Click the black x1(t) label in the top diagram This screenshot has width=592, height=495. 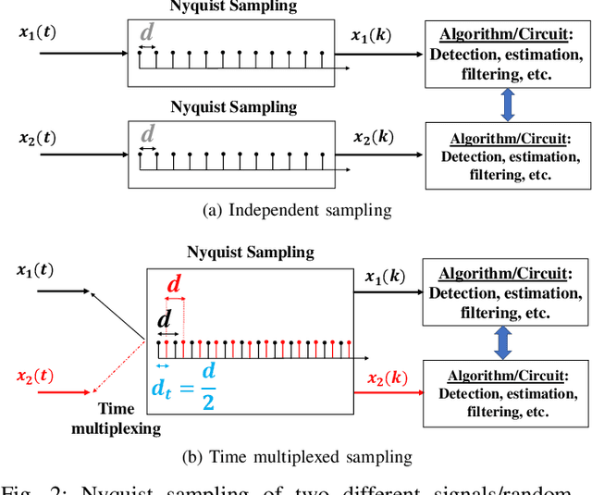(37, 32)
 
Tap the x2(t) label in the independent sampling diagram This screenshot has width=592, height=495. (37, 139)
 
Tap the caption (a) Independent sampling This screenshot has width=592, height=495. (296, 210)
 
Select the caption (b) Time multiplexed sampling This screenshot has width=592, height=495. (296, 456)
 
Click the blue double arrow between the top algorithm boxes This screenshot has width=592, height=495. (506, 104)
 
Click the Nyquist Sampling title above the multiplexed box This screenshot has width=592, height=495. (250, 252)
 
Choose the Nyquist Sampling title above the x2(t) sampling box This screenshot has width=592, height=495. (234, 106)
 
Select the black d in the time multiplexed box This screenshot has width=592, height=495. (165, 319)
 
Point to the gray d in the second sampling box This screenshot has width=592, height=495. (147, 135)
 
